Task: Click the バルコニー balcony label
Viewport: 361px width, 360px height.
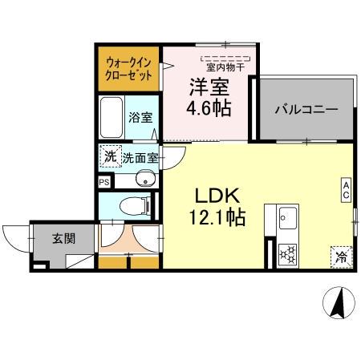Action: coord(305,110)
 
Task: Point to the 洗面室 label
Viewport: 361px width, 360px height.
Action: coord(140,158)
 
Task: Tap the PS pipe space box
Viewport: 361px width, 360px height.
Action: coord(103,182)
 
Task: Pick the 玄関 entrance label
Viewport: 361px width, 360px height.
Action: coord(64,238)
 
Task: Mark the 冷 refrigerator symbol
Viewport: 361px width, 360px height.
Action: coord(341,257)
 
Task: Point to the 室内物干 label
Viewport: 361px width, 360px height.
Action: coord(226,67)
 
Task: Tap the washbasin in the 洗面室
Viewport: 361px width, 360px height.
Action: coord(145,178)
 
